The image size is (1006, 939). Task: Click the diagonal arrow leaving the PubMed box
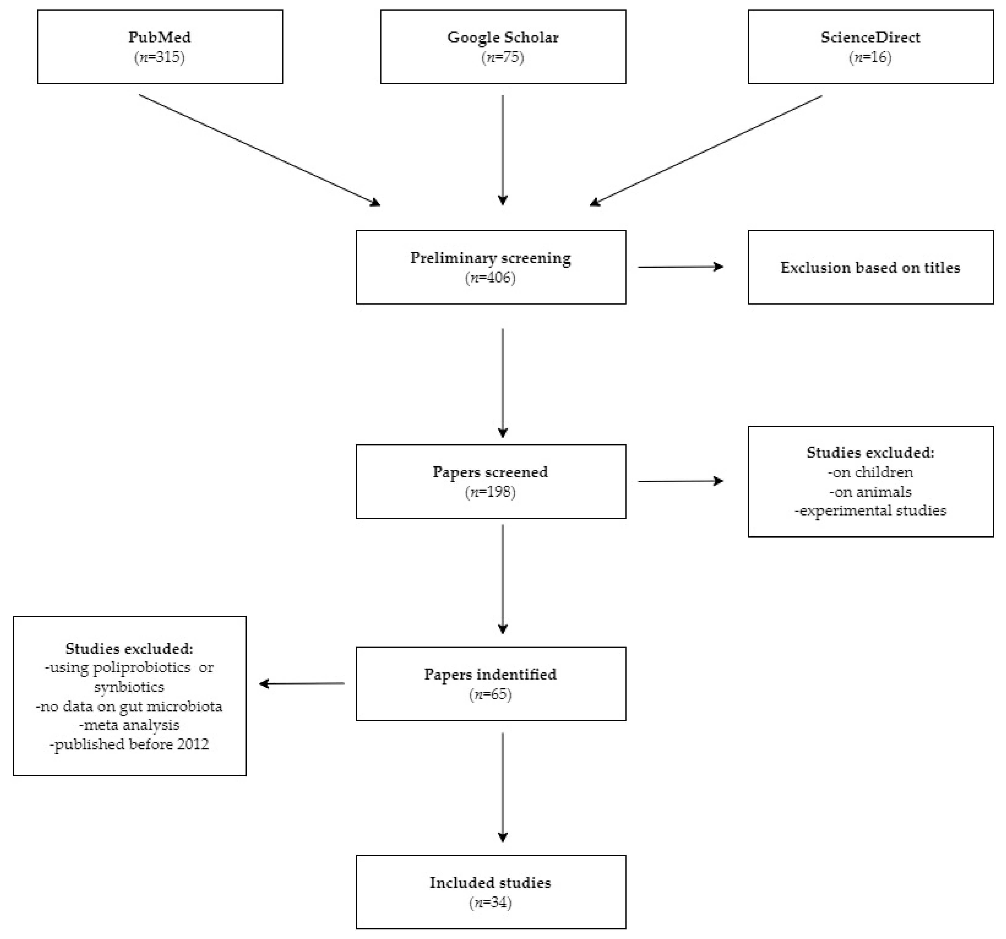259,150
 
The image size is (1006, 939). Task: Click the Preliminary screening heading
490,258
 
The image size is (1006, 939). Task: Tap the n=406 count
490,278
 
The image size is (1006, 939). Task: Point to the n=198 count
490,492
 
